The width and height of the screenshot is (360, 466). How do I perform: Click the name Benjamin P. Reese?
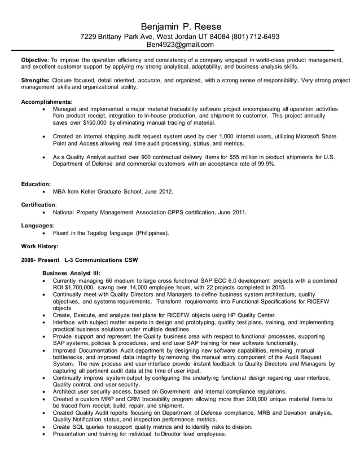click(180, 27)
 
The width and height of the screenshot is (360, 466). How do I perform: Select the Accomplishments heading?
click(46, 102)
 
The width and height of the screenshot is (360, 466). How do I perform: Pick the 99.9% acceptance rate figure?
click(264, 164)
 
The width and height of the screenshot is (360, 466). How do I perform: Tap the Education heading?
click(36, 184)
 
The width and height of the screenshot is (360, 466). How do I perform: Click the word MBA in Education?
click(60, 191)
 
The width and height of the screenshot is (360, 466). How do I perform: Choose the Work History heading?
click(39, 246)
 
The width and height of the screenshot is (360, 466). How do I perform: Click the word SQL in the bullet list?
click(81, 427)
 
